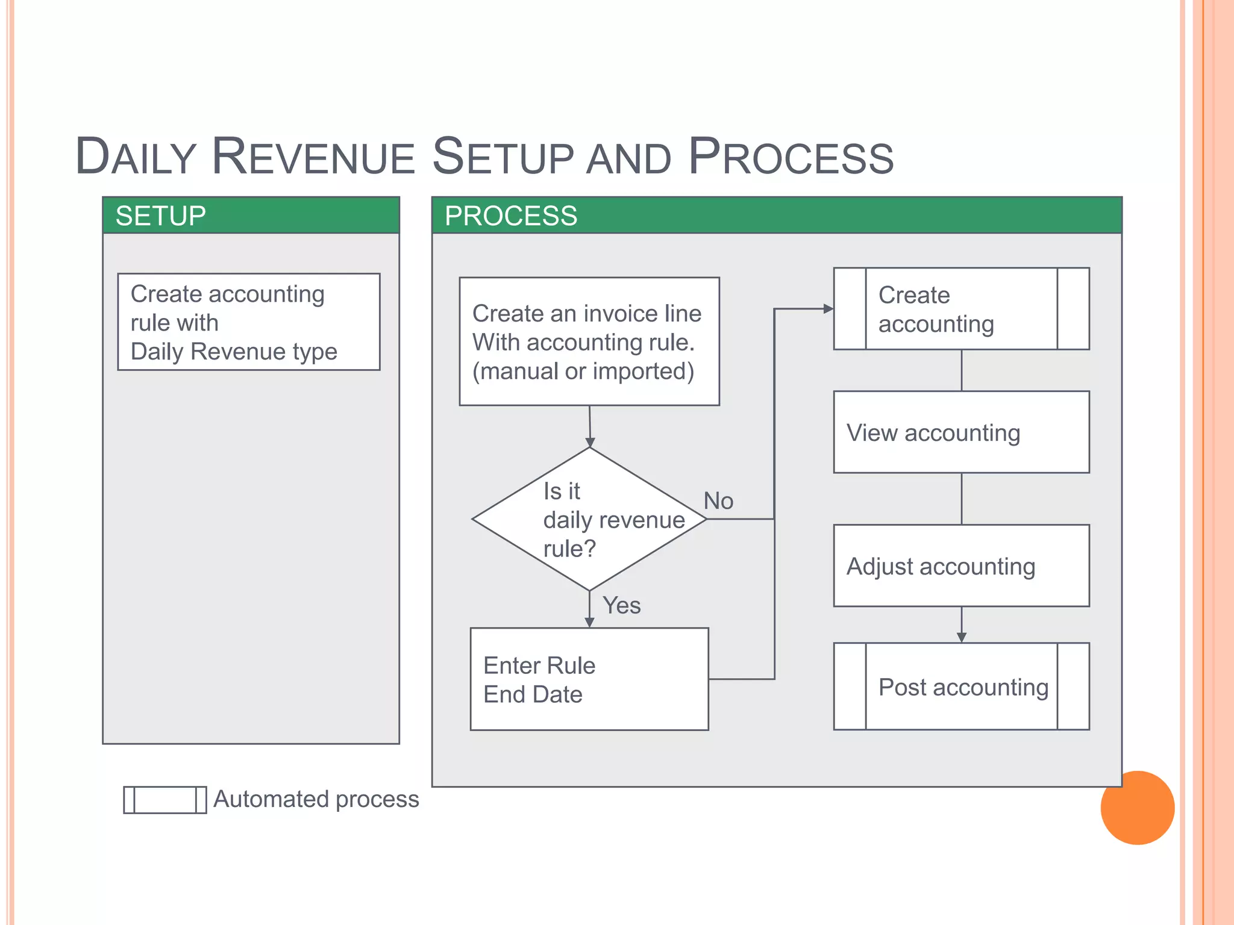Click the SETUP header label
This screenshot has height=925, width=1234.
coord(160,216)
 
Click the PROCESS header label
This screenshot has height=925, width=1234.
coord(510,216)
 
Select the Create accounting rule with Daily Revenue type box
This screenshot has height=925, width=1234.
coord(248,322)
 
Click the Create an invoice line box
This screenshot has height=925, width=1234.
coord(589,341)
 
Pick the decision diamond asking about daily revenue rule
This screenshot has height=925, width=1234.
coord(589,519)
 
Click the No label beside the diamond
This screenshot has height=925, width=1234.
coord(718,501)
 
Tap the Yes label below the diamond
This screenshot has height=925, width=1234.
coord(621,605)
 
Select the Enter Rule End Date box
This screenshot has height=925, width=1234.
coord(589,679)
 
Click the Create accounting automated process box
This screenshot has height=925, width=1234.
coord(961,309)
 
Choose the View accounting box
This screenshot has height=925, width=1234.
coord(961,432)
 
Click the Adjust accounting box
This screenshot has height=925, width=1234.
coord(961,566)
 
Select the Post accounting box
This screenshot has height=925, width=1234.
coord(961,687)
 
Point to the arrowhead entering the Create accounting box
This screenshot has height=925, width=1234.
coord(828,309)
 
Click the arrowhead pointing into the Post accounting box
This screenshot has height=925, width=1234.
coord(962,637)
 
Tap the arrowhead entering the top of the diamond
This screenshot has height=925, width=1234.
coord(590,442)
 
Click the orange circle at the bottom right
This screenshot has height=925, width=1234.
coord(1137,808)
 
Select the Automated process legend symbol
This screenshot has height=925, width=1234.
coord(164,800)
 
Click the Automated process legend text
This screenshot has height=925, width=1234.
coord(316,799)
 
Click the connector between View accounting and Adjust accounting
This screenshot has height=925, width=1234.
coord(962,499)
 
